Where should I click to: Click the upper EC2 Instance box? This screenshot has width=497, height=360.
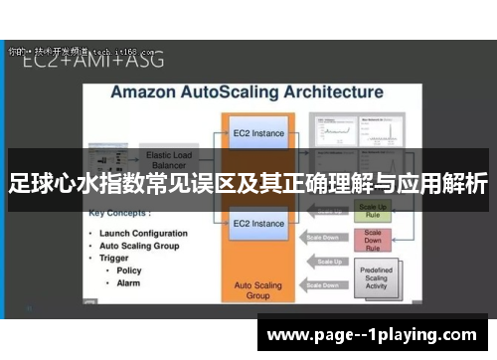259,132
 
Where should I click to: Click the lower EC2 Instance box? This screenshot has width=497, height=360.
259,224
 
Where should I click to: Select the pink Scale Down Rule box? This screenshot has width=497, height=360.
374,240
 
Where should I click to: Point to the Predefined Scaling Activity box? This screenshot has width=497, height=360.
374,276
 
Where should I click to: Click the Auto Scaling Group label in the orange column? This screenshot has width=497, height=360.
258,290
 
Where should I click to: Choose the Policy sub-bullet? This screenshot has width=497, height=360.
129,270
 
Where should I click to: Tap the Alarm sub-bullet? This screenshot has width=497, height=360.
129,282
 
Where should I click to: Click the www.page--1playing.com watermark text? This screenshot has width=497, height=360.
372,334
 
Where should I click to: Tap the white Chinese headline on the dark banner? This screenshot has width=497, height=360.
248,183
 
